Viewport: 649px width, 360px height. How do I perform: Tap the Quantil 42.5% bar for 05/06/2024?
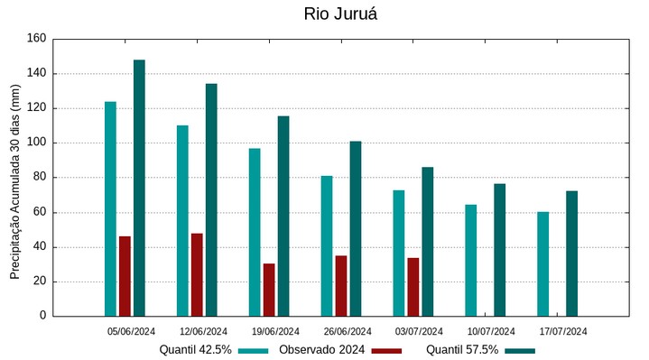(x=110, y=208)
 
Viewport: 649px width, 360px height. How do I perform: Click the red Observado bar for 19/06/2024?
(x=269, y=290)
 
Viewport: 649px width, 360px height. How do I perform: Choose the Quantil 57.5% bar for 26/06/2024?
(x=356, y=228)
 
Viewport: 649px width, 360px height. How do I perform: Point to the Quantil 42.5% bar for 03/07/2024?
(x=399, y=253)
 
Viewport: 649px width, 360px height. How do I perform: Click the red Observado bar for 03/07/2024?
(x=413, y=287)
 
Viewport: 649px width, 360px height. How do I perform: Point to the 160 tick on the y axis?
(x=36, y=39)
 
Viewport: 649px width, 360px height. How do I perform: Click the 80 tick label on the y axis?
(x=39, y=178)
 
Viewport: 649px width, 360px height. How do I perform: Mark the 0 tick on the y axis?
(x=42, y=316)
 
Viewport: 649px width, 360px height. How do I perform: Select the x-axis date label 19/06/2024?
(x=275, y=331)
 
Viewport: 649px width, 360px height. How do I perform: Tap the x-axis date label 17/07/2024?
(x=563, y=331)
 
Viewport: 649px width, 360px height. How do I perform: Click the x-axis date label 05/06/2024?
(x=132, y=331)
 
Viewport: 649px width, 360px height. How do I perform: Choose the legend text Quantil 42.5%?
(x=196, y=350)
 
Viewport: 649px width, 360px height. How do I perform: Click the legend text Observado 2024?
(x=322, y=350)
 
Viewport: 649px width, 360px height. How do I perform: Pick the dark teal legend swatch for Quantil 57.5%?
(x=520, y=350)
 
